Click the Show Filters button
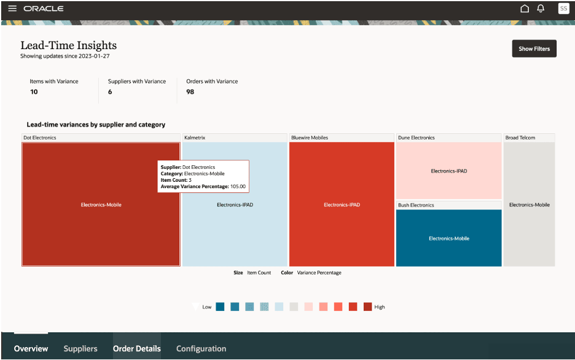pyautogui.click(x=534, y=49)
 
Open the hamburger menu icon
pyautogui.click(x=12, y=9)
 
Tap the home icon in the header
pyautogui.click(x=525, y=9)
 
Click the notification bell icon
pyautogui.click(x=541, y=9)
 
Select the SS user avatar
pyautogui.click(x=563, y=9)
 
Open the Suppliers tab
pyautogui.click(x=80, y=348)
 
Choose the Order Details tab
pyautogui.click(x=136, y=348)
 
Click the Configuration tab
pyautogui.click(x=201, y=348)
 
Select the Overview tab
pyautogui.click(x=31, y=348)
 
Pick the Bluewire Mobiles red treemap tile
pyautogui.click(x=342, y=205)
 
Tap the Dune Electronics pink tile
pyautogui.click(x=448, y=171)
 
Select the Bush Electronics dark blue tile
pyautogui.click(x=448, y=238)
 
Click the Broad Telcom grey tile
pyautogui.click(x=529, y=205)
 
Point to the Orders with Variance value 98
pyautogui.click(x=190, y=92)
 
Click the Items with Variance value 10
pyautogui.click(x=34, y=92)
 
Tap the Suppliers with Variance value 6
pyautogui.click(x=110, y=92)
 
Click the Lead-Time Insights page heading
pyautogui.click(x=68, y=45)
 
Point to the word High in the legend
pyautogui.click(x=380, y=307)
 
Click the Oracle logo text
pyautogui.click(x=43, y=9)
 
